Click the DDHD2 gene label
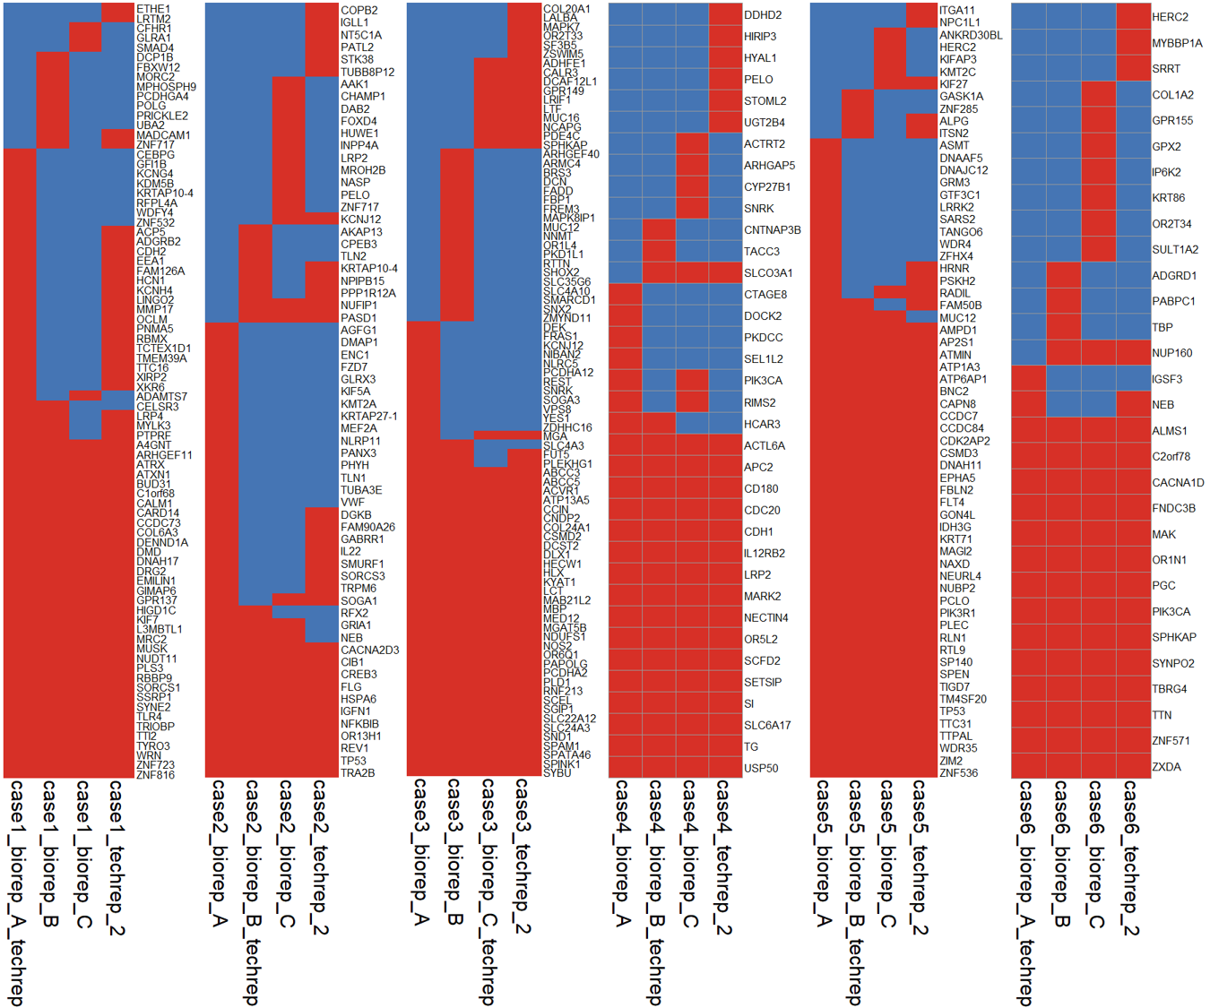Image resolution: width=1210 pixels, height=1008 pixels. click(x=763, y=15)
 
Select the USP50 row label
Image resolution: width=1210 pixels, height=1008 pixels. click(x=761, y=769)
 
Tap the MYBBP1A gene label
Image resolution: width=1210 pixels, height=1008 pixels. click(x=1177, y=43)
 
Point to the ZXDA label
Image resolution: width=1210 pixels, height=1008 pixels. click(x=1166, y=767)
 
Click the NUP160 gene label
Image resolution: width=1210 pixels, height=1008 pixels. click(x=1171, y=353)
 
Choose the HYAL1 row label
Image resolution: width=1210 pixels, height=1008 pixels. click(x=760, y=58)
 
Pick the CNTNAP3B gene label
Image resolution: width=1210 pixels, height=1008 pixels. click(x=772, y=230)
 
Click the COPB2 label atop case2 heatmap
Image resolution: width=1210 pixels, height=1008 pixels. click(x=359, y=11)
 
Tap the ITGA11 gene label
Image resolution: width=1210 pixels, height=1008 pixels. click(x=958, y=11)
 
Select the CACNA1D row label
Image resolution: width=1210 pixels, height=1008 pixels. click(x=1178, y=483)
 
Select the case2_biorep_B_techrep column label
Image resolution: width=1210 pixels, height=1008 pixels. click(x=253, y=892)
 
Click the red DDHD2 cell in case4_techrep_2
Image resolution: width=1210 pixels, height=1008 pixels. click(x=725, y=15)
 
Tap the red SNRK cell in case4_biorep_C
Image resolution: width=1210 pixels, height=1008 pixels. click(x=692, y=209)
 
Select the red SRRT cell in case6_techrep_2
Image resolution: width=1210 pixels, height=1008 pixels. click(x=1133, y=69)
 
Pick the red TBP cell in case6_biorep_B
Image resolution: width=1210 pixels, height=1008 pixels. click(x=1063, y=327)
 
